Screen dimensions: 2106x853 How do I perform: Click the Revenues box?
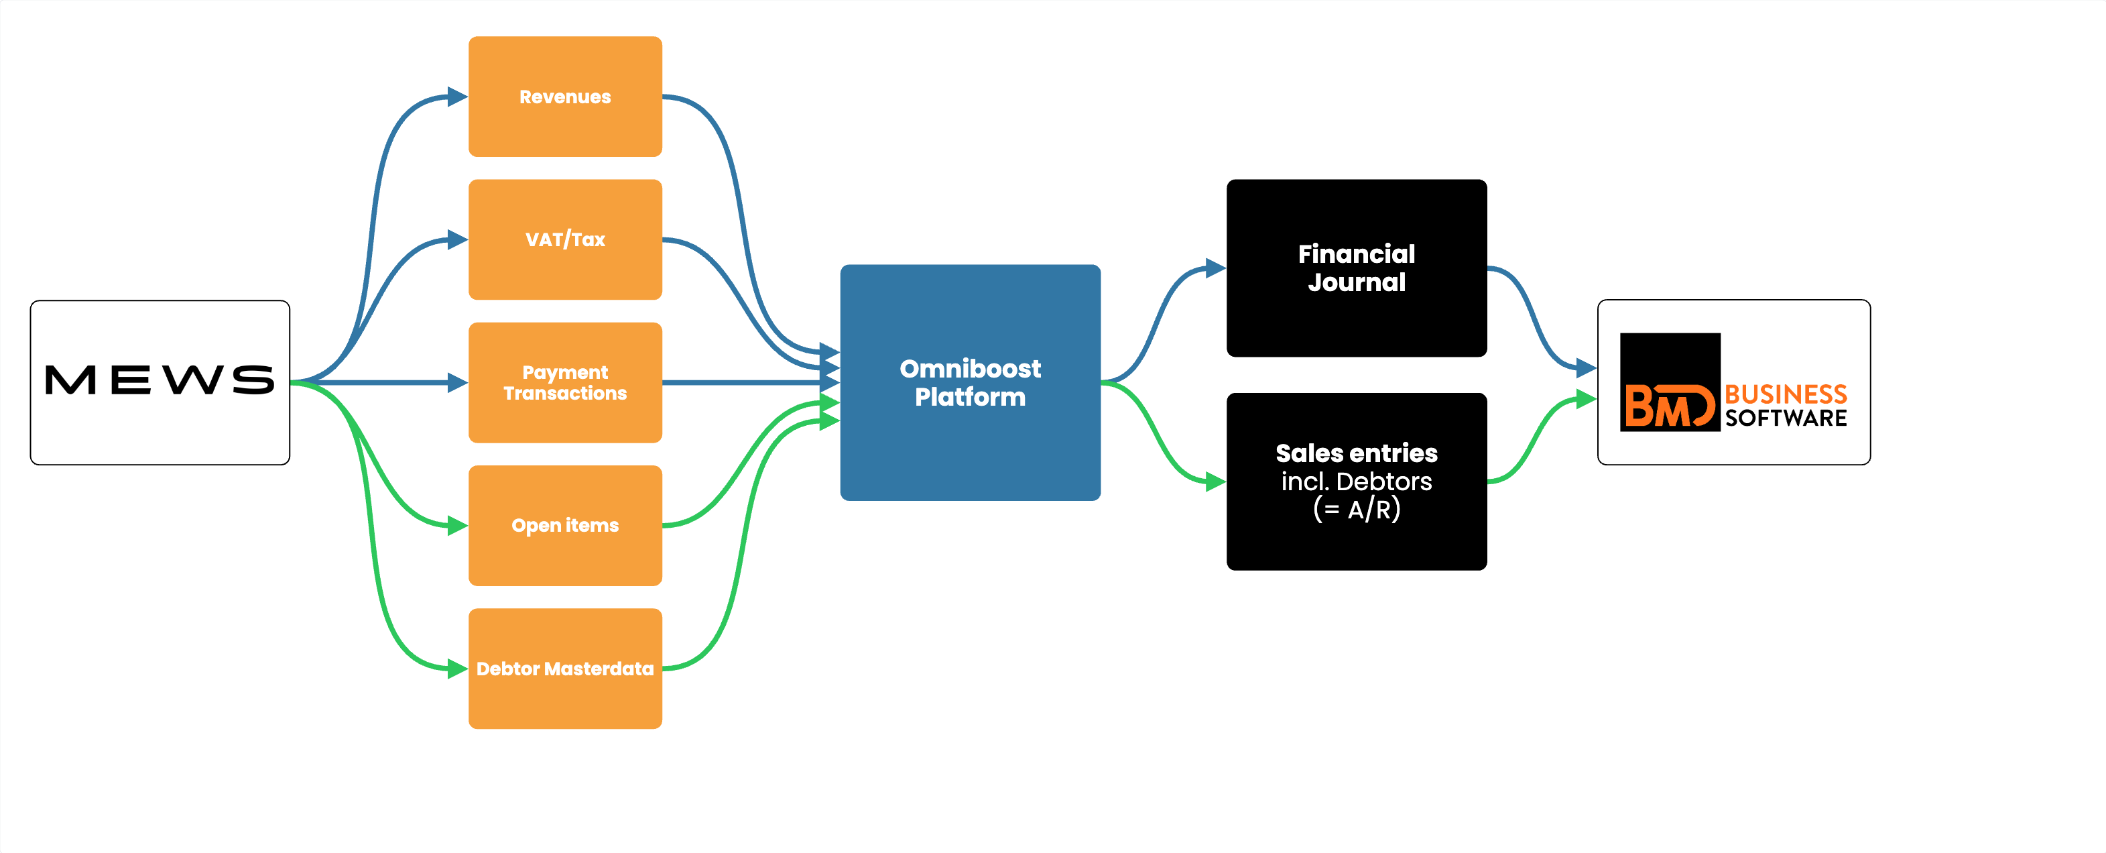[565, 97]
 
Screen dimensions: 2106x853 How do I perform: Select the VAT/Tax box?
[565, 239]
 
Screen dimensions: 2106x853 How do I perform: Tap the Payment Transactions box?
[565, 383]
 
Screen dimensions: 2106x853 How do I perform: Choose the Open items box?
[565, 526]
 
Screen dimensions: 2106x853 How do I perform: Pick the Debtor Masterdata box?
[565, 669]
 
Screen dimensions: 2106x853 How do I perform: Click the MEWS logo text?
[160, 380]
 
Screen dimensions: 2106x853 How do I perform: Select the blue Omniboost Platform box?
[971, 382]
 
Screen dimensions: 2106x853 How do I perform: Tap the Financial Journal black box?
[1357, 268]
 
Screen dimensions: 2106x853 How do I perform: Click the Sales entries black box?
[1357, 481]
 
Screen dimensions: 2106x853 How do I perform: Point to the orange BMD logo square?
[1670, 382]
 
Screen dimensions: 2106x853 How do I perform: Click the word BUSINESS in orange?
[1786, 394]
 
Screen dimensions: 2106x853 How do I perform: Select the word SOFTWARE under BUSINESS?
[1786, 418]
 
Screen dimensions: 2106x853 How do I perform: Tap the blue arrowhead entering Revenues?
[458, 97]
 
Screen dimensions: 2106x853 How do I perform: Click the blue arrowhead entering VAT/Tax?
[458, 239]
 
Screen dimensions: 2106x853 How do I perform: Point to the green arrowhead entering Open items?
[458, 526]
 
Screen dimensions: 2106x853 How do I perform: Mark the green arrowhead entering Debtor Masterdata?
[458, 669]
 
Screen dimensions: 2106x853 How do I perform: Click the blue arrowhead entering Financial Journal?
[1216, 268]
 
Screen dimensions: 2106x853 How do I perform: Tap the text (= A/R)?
[1357, 510]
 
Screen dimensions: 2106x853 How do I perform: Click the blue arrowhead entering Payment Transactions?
[458, 383]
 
